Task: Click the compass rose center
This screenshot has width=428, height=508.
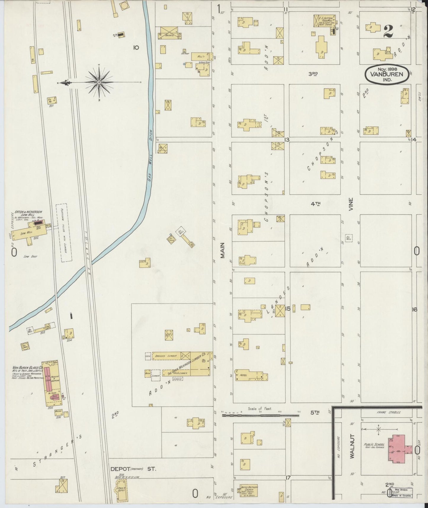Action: [x=99, y=82]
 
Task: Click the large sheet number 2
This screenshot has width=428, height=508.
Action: [x=388, y=32]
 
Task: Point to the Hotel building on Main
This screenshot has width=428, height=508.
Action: [x=252, y=376]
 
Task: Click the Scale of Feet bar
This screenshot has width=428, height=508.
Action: [x=261, y=416]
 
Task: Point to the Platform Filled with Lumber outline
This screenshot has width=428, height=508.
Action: [x=64, y=233]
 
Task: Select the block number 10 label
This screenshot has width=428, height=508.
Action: [x=136, y=47]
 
